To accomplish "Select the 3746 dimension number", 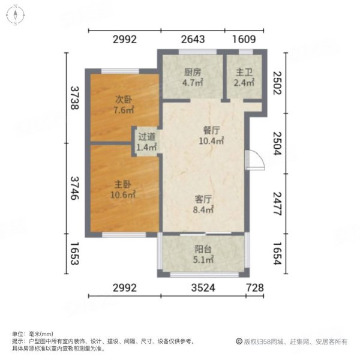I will point(75,186).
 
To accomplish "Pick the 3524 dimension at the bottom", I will point(203,288).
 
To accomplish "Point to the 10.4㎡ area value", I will point(212,141).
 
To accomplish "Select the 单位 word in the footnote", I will point(17,334).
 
